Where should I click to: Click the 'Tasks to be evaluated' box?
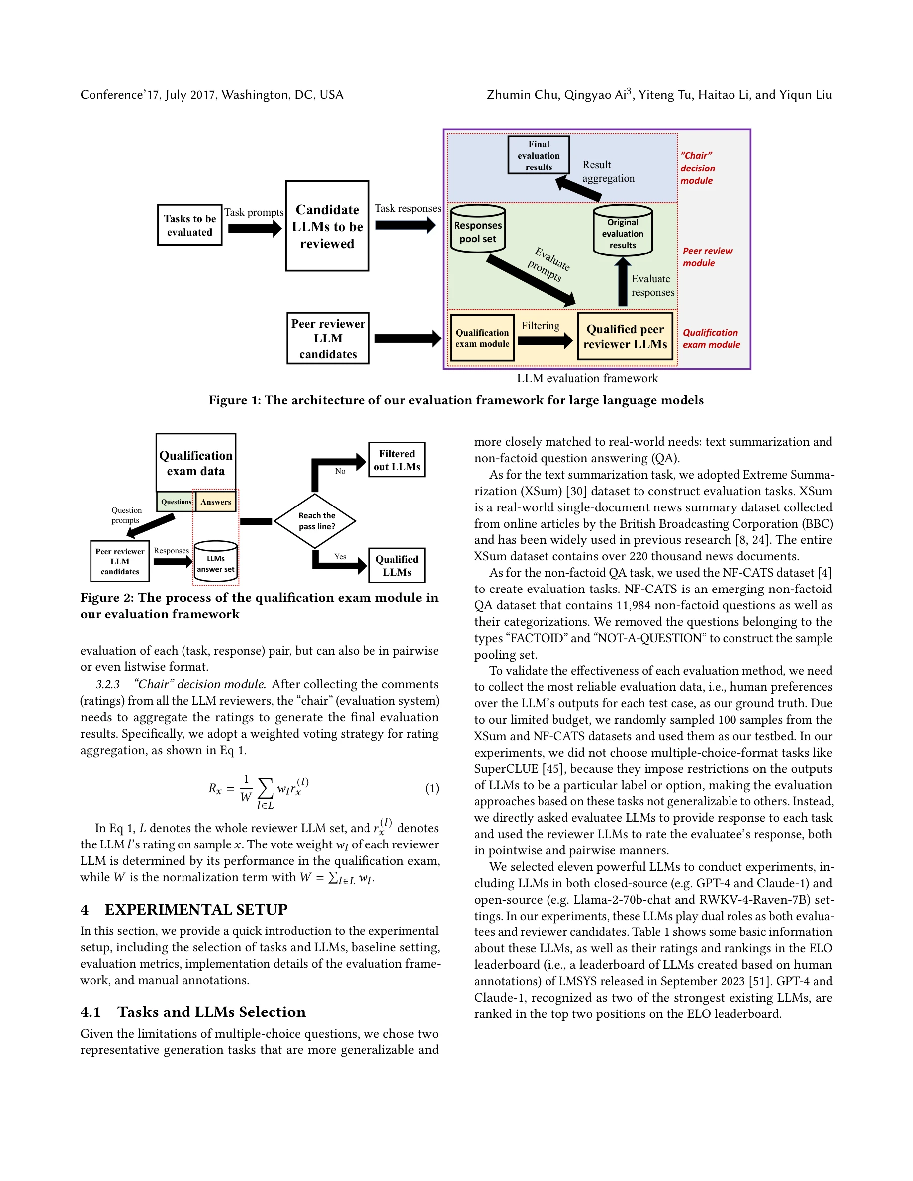(x=189, y=225)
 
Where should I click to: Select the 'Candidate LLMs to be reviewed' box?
(x=327, y=226)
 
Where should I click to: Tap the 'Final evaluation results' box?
(x=538, y=155)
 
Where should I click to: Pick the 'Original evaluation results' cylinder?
(x=623, y=232)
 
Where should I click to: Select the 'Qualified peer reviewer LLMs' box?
(x=625, y=337)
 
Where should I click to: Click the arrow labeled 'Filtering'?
(x=544, y=340)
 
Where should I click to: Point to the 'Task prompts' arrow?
(x=254, y=228)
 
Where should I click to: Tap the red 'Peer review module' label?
(x=707, y=257)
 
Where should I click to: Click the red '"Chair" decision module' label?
(x=697, y=168)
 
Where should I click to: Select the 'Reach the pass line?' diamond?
(x=315, y=521)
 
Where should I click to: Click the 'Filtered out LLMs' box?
(x=396, y=460)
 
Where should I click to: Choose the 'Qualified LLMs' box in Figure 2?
(x=396, y=565)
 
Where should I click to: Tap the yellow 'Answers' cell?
(x=216, y=501)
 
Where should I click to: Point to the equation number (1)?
(x=432, y=788)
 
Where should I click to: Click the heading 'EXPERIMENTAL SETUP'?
(x=196, y=910)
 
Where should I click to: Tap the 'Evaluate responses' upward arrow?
(x=623, y=281)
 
